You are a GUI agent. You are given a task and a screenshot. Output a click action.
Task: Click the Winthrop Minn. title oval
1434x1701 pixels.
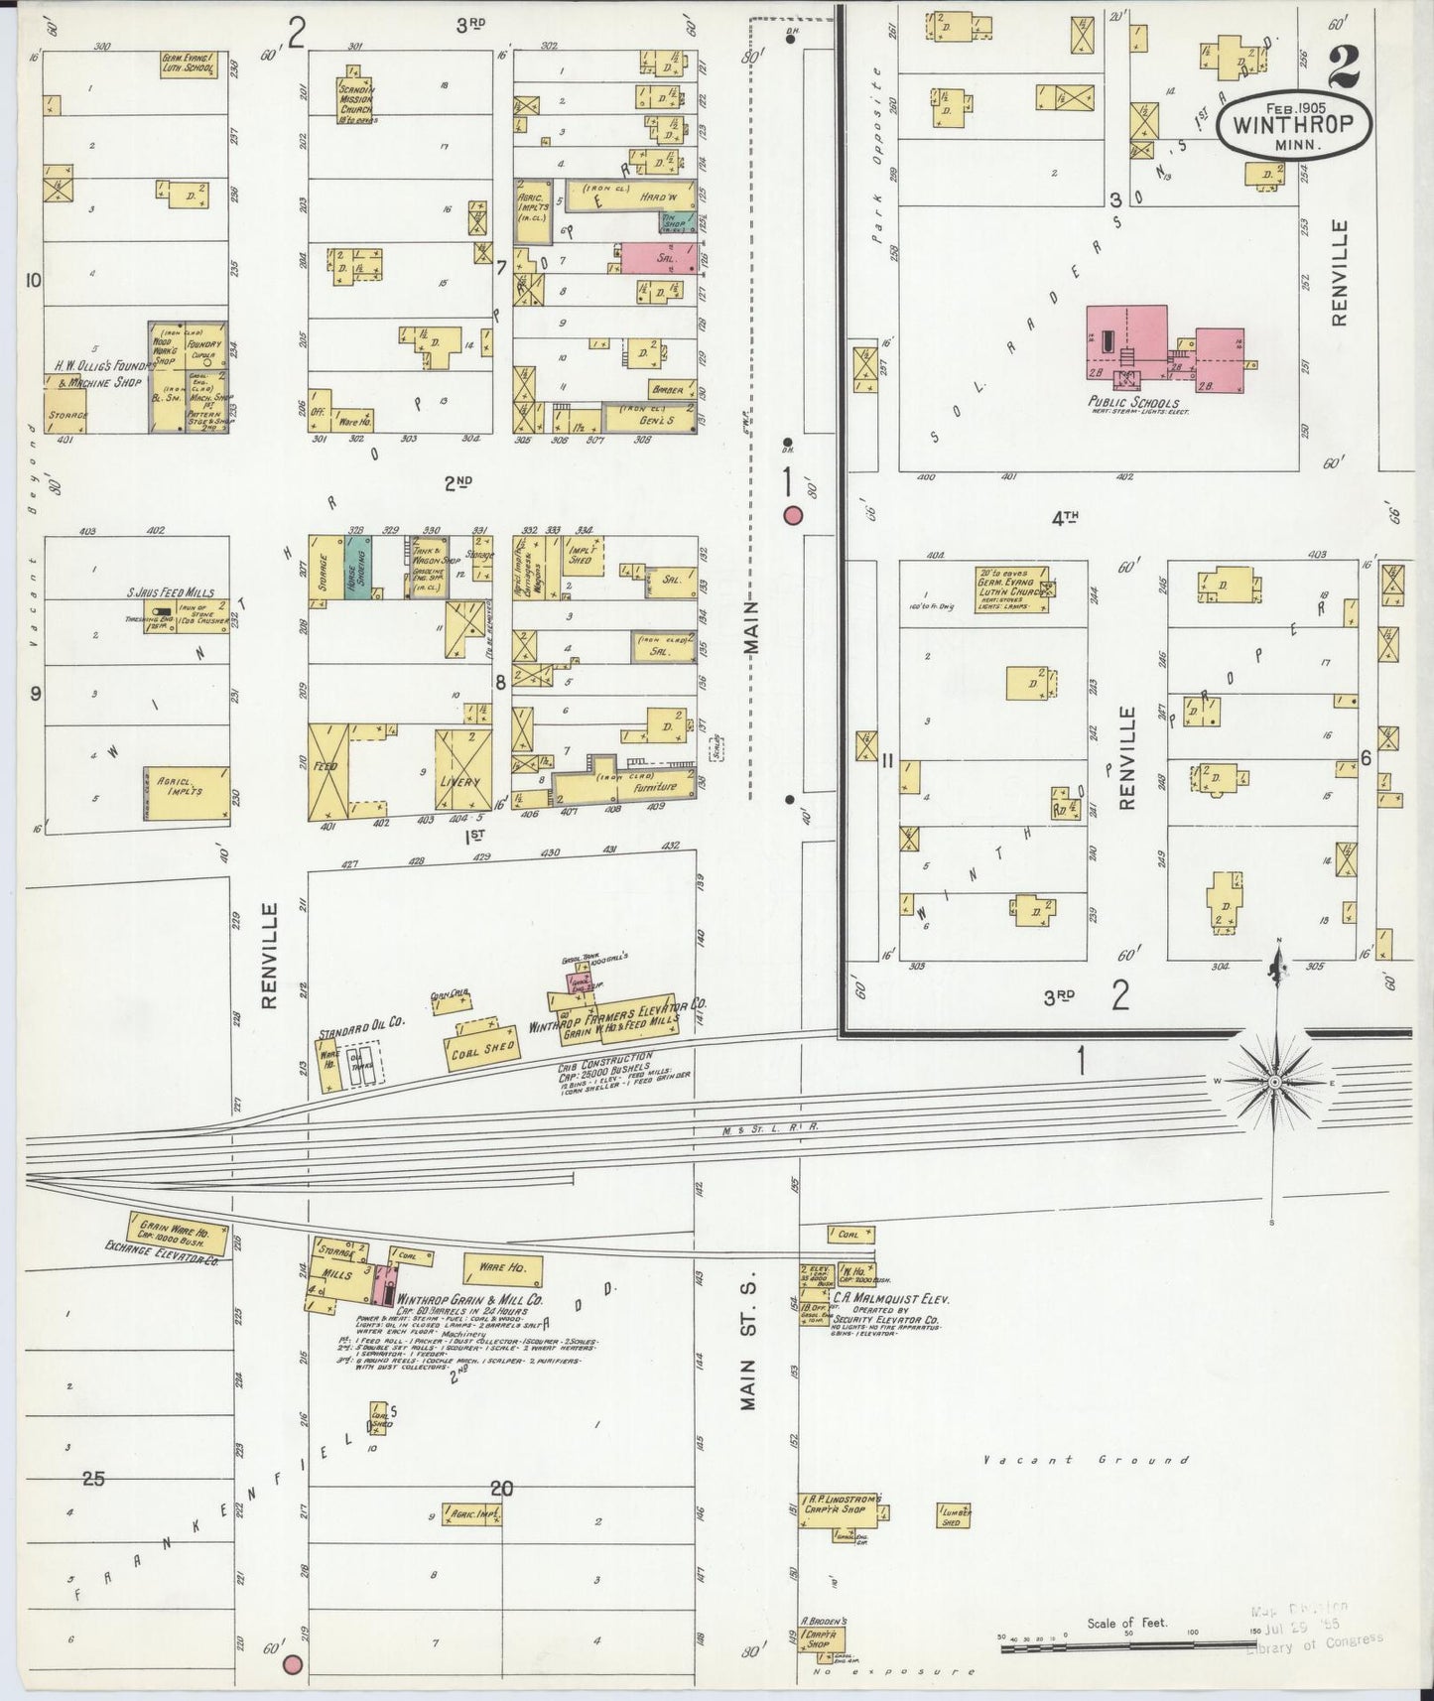(x=1302, y=127)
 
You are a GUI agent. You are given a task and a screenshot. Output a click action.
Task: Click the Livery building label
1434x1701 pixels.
(x=460, y=781)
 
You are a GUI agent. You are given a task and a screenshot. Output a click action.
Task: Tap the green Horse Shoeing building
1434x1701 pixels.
(x=357, y=569)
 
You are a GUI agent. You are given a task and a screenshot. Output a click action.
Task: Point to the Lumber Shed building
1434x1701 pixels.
(x=953, y=1515)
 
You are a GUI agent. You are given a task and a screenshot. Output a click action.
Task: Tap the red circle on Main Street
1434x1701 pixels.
(x=793, y=515)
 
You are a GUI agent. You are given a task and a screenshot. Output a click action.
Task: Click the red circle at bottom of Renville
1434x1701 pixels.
(x=292, y=1664)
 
